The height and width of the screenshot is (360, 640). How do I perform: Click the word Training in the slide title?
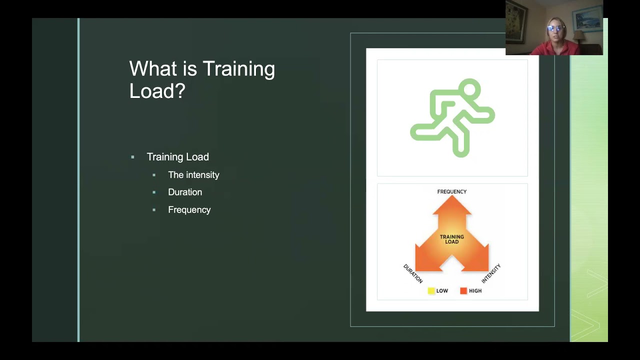pos(238,69)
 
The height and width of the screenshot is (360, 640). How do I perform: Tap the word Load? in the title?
pos(157,90)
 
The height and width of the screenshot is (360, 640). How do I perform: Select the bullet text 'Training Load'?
pos(177,157)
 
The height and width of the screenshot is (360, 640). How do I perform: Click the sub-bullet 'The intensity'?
pos(193,175)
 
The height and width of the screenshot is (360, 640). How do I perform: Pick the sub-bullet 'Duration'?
pos(185,192)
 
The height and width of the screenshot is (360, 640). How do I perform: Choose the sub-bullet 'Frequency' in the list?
pos(189,210)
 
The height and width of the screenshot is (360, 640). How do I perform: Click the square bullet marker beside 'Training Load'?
pos(132,157)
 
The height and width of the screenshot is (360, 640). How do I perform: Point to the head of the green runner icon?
pos(469,90)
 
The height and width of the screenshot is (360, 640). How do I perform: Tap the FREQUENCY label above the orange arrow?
pos(451,191)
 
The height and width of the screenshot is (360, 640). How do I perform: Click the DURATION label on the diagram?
pos(413,273)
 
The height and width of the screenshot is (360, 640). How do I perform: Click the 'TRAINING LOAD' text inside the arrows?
pos(451,239)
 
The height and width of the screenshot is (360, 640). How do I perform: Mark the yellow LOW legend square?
pos(431,291)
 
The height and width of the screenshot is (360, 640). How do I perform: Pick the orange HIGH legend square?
pos(463,291)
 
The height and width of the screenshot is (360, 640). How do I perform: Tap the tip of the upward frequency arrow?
pos(452,197)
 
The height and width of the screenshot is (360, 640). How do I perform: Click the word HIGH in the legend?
pos(475,291)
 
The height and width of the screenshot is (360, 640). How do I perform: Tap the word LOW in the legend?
pos(442,291)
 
